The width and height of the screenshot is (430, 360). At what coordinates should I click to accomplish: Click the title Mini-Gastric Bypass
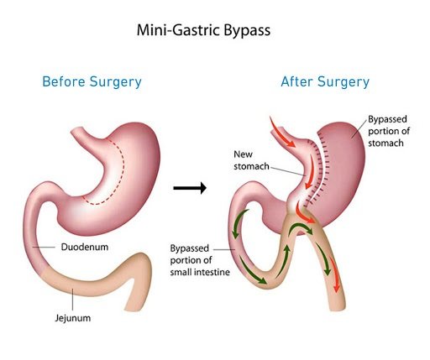pyautogui.click(x=203, y=30)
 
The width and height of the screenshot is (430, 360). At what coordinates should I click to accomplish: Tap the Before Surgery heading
pyautogui.click(x=92, y=82)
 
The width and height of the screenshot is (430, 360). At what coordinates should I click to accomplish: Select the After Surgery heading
pyautogui.click(x=325, y=82)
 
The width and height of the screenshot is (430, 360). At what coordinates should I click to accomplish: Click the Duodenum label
pyautogui.click(x=85, y=247)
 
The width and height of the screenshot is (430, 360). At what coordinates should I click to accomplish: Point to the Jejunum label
pyautogui.click(x=73, y=318)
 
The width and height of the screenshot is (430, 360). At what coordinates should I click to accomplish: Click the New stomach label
pyautogui.click(x=251, y=160)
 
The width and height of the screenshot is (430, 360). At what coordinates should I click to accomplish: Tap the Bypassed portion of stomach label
pyautogui.click(x=389, y=131)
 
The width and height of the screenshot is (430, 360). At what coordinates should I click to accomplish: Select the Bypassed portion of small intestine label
pyautogui.click(x=200, y=260)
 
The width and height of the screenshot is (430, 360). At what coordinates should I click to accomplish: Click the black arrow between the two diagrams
pyautogui.click(x=190, y=188)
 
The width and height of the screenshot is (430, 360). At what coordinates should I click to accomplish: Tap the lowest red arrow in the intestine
pyautogui.click(x=334, y=275)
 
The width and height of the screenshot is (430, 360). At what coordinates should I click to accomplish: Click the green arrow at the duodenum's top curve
pyautogui.click(x=239, y=222)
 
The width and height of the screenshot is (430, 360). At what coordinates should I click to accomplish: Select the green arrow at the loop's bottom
pyautogui.click(x=251, y=271)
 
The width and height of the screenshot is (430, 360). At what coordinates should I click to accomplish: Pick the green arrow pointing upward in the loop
pyautogui.click(x=283, y=262)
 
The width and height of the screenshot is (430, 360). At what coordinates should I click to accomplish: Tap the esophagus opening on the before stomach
pyautogui.click(x=76, y=131)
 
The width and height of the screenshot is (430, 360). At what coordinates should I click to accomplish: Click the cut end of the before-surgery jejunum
pyautogui.click(x=134, y=309)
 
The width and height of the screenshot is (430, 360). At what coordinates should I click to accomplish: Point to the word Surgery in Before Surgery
pyautogui.click(x=116, y=82)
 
